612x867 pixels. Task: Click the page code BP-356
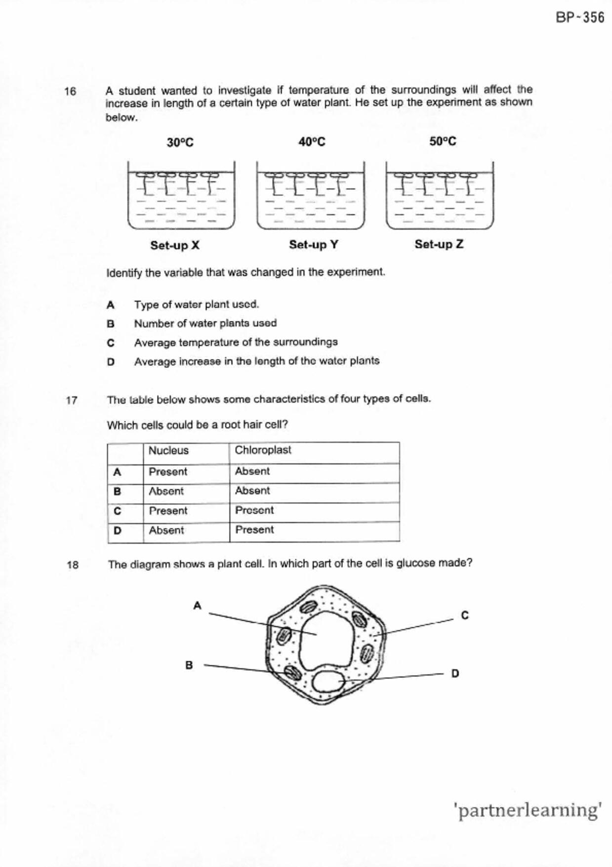pyautogui.click(x=579, y=18)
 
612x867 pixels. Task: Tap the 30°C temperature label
pyautogui.click(x=180, y=143)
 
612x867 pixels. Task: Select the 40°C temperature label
pyautogui.click(x=312, y=142)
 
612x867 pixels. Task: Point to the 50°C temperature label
pyautogui.click(x=443, y=142)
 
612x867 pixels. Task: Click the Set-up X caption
pyautogui.click(x=175, y=245)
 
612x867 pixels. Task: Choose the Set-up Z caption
pyautogui.click(x=439, y=244)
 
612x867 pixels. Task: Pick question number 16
pyautogui.click(x=70, y=91)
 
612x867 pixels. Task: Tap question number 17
pyautogui.click(x=72, y=400)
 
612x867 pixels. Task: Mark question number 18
pyautogui.click(x=73, y=565)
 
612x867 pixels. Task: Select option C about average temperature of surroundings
pyautogui.click(x=236, y=342)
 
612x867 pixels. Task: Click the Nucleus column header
pyautogui.click(x=168, y=451)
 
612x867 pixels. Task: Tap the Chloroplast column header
pyautogui.click(x=263, y=450)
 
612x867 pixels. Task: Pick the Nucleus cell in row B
pyautogui.click(x=166, y=491)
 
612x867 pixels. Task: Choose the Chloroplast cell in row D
pyautogui.click(x=254, y=530)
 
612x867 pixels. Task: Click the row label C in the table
pyautogui.click(x=117, y=511)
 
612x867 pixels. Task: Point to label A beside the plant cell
pyautogui.click(x=197, y=606)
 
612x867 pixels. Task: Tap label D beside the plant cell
pyautogui.click(x=455, y=673)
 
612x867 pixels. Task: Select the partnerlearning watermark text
pyautogui.click(x=527, y=811)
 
